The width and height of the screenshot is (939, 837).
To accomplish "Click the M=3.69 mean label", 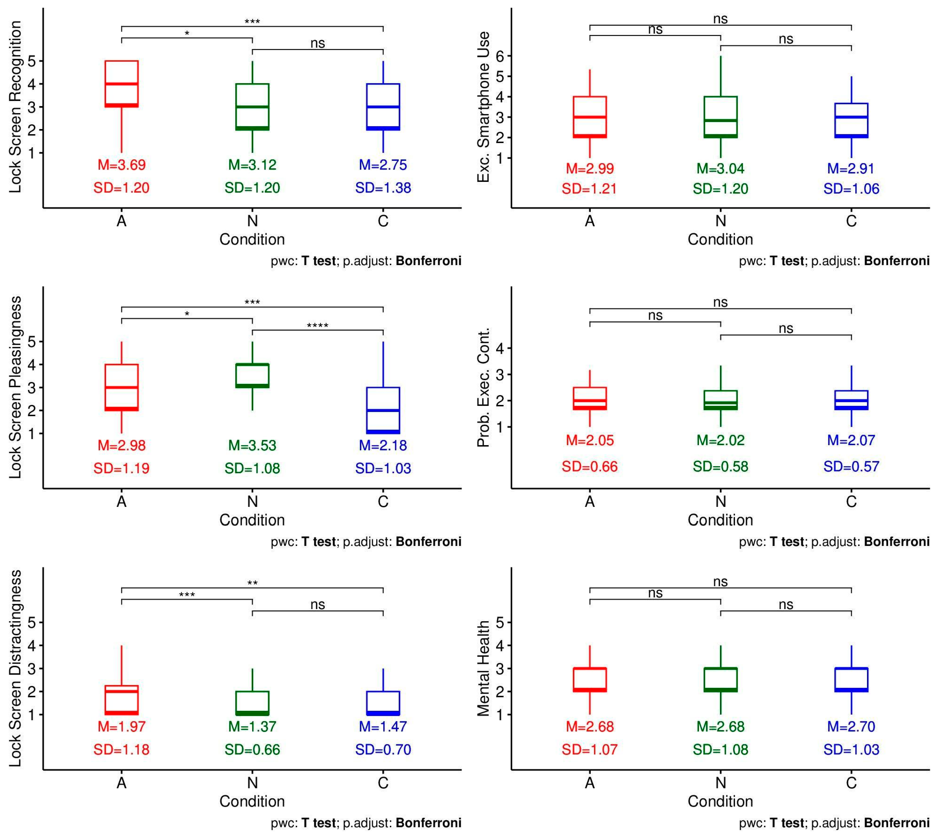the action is [x=121, y=165].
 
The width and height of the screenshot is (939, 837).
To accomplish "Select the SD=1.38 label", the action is [x=383, y=188].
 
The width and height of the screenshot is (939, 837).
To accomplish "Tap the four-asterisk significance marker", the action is [x=317, y=325].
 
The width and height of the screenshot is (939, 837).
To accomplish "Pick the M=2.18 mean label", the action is [x=383, y=445].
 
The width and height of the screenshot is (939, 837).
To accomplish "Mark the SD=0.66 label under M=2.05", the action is [x=590, y=466].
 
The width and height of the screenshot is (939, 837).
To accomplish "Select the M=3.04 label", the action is [x=720, y=168].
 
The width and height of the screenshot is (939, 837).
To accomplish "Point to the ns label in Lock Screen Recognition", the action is [x=317, y=43].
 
